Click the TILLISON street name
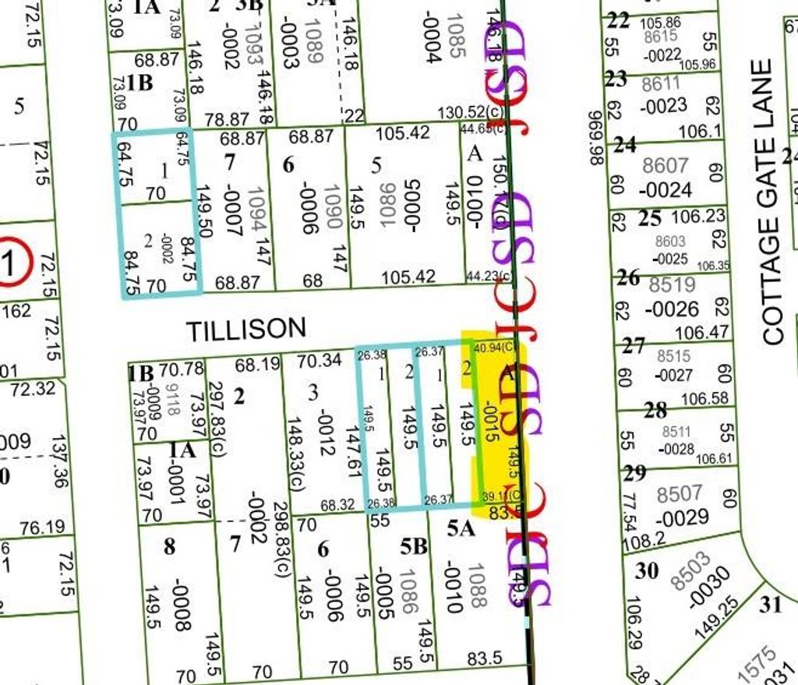pos(245,330)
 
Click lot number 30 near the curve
pos(647,570)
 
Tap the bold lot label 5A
pos(461,529)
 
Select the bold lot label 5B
pos(414,547)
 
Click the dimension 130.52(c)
pos(469,113)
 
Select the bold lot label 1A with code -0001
pos(182,450)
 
